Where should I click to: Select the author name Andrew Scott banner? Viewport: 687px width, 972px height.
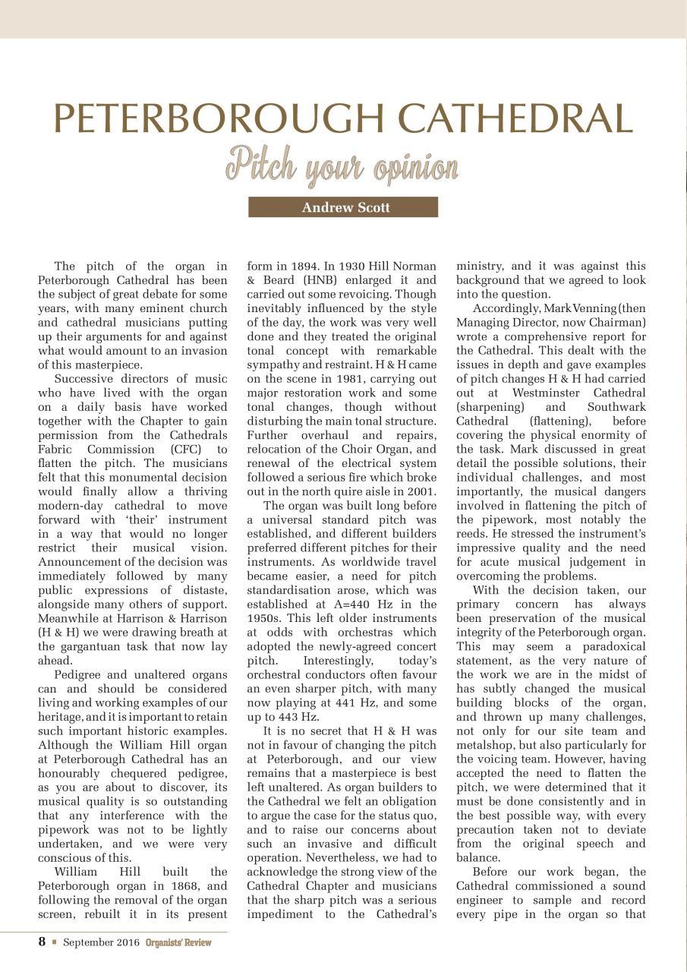pos(343,207)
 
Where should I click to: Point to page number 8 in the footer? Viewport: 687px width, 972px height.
pos(43,942)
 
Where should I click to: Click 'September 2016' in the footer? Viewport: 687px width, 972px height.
pos(102,942)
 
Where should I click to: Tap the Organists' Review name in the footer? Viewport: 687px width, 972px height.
pos(178,942)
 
